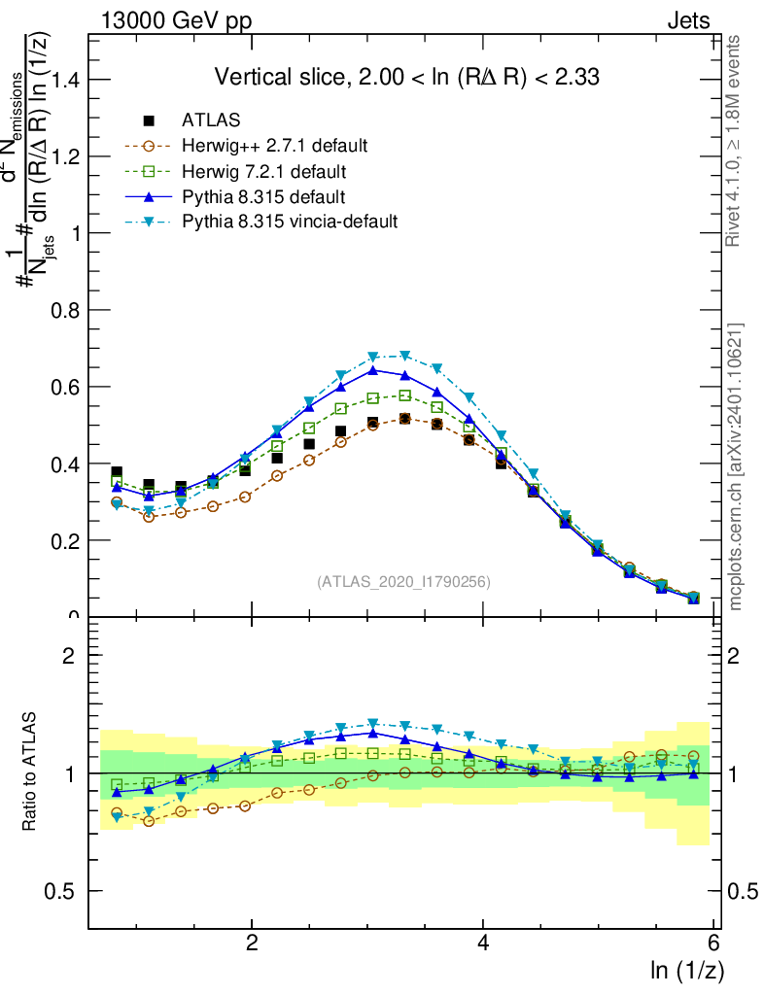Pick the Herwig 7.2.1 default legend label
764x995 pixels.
click(x=263, y=172)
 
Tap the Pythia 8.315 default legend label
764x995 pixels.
click(x=263, y=197)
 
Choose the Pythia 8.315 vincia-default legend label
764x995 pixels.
click(x=290, y=222)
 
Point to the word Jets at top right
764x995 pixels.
click(x=688, y=20)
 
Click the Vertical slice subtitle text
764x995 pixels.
click(x=403, y=77)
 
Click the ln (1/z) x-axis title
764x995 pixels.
click(x=686, y=971)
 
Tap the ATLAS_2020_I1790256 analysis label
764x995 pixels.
click(x=402, y=582)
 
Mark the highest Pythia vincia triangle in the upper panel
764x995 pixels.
click(x=404, y=356)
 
